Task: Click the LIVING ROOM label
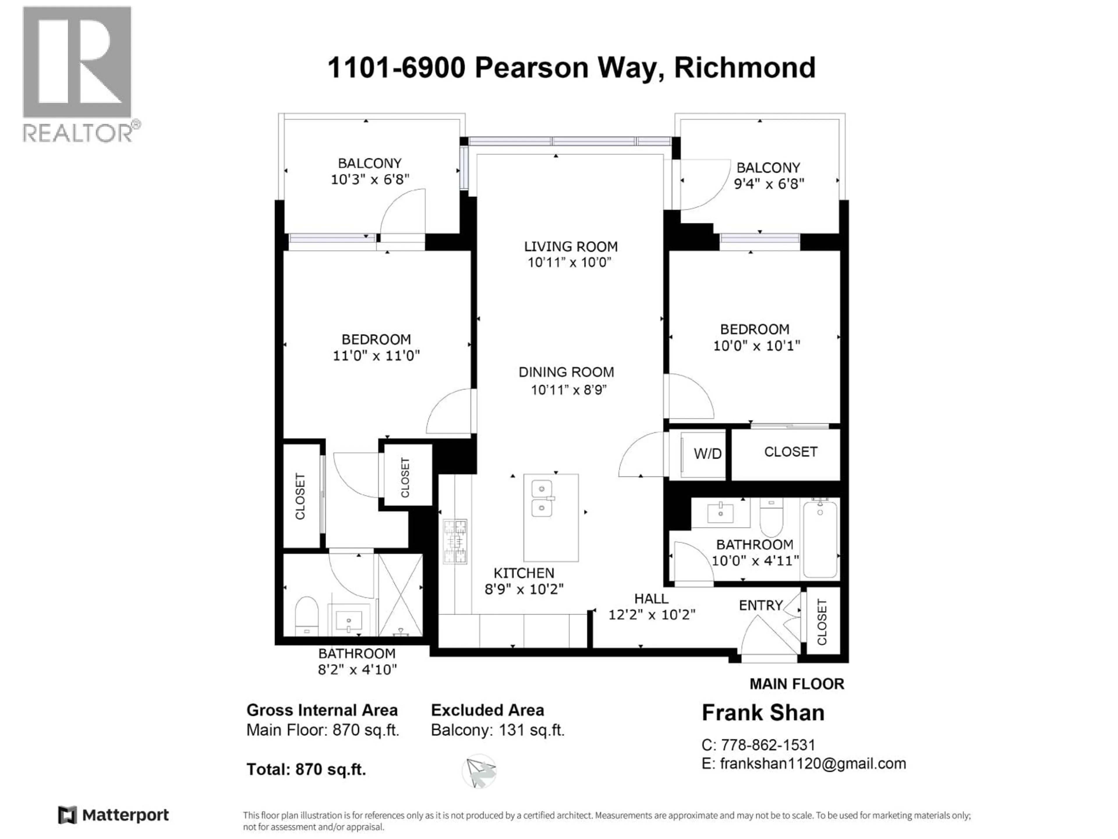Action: (571, 247)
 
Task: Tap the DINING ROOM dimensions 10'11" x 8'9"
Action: (568, 390)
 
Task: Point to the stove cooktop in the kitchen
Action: (455, 542)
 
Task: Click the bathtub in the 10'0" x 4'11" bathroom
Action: (820, 539)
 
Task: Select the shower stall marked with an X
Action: (400, 595)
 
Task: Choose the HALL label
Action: (651, 599)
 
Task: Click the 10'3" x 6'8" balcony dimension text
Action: (369, 179)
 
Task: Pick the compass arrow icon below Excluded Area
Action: (479, 771)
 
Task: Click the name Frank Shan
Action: (763, 713)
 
